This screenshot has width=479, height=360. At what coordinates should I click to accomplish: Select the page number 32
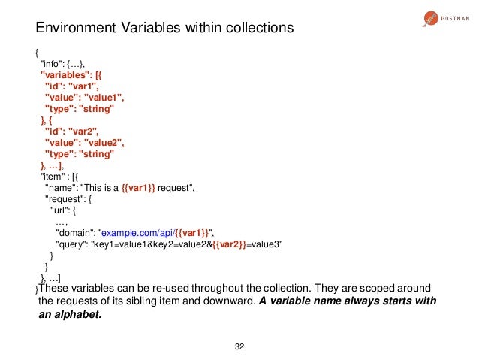239,346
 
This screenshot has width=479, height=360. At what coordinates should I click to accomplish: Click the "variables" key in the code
65,74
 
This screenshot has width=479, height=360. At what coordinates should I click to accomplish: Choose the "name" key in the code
59,188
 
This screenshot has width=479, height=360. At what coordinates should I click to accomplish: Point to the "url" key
60,210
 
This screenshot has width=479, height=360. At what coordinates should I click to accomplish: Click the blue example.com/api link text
138,234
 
